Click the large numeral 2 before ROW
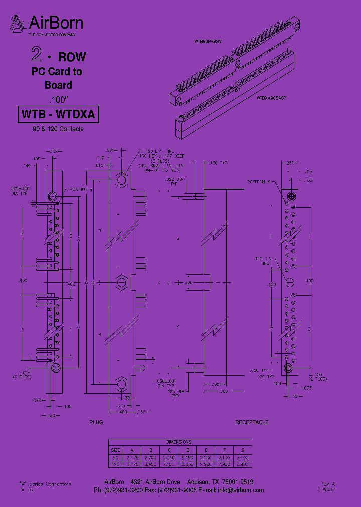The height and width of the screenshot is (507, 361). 36,55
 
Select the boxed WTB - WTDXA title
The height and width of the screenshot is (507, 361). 58,115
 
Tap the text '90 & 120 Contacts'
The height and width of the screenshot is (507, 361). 58,129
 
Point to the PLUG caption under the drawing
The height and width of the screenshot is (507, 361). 96,422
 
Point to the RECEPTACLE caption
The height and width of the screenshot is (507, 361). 252,422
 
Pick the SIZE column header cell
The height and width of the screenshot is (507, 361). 116,450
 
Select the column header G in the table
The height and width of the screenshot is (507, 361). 243,450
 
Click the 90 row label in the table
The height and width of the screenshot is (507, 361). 116,457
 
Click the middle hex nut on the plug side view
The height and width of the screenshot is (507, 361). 121,283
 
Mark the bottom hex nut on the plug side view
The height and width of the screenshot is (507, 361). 121,385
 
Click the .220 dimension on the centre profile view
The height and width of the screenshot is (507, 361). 188,283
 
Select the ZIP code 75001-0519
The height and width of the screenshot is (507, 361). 236,482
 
